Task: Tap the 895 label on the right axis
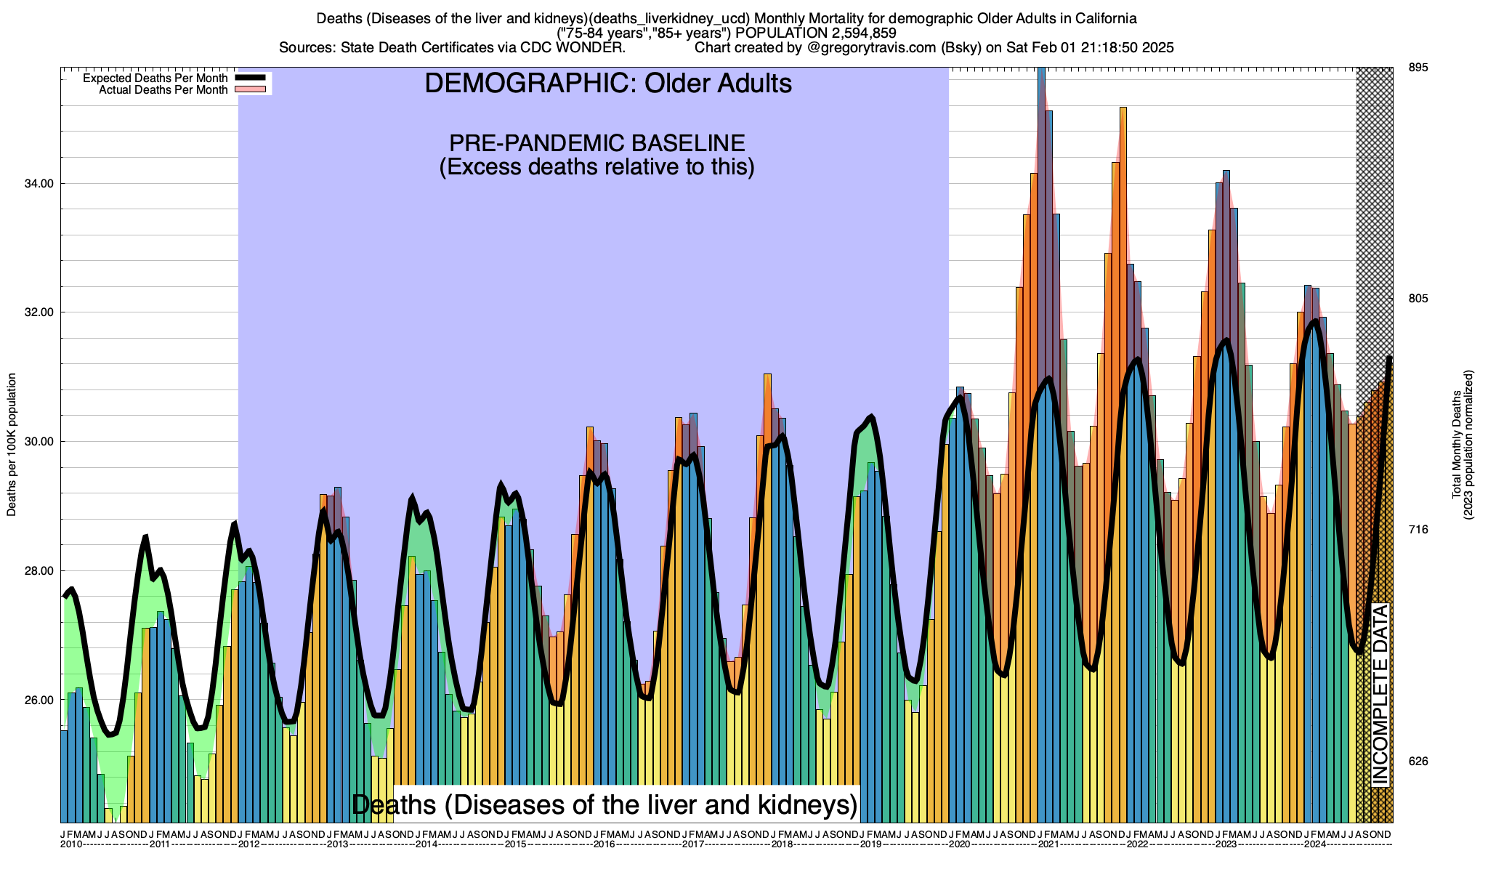pyautogui.click(x=1418, y=68)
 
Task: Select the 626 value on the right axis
pyautogui.click(x=1418, y=762)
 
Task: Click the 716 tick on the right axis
pyautogui.click(x=1418, y=530)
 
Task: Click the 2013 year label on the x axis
pyautogui.click(x=337, y=844)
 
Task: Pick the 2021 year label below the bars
pyautogui.click(x=1048, y=844)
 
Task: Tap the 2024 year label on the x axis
pyautogui.click(x=1314, y=844)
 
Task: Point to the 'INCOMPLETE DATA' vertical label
pyautogui.click(x=1380, y=694)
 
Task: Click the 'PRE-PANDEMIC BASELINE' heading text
pyautogui.click(x=597, y=142)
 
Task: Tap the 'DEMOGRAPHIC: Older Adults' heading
pyautogui.click(x=608, y=84)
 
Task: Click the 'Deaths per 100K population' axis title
pyautogui.click(x=12, y=445)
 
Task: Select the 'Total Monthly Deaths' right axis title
pyautogui.click(x=1456, y=445)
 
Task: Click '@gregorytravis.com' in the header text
pyautogui.click(x=868, y=48)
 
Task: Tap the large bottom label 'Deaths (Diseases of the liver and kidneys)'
pyautogui.click(x=604, y=804)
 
